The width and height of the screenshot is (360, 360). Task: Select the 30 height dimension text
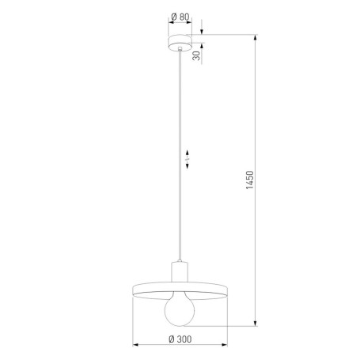[x=194, y=54]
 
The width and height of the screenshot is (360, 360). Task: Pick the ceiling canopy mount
[x=180, y=41]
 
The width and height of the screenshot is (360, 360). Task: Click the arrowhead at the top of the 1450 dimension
[x=254, y=37]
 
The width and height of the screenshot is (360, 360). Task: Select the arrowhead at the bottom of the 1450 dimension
[x=254, y=322]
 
